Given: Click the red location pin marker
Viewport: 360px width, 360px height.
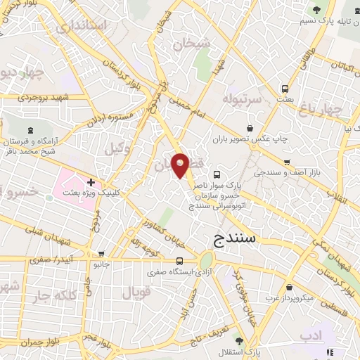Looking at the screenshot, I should pos(181,166).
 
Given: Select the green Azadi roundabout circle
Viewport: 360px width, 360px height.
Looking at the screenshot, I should pos(207,260).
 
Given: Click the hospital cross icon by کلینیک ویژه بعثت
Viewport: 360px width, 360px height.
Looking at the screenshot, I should pos(91,183).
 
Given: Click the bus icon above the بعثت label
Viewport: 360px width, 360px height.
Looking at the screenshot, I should pos(285,89).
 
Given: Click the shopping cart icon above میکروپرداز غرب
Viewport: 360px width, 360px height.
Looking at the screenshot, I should pos(290,287).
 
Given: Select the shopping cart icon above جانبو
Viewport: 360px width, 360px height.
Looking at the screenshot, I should pos(103,254).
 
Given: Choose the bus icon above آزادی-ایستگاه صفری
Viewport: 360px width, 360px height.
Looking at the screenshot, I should pos(160,261).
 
